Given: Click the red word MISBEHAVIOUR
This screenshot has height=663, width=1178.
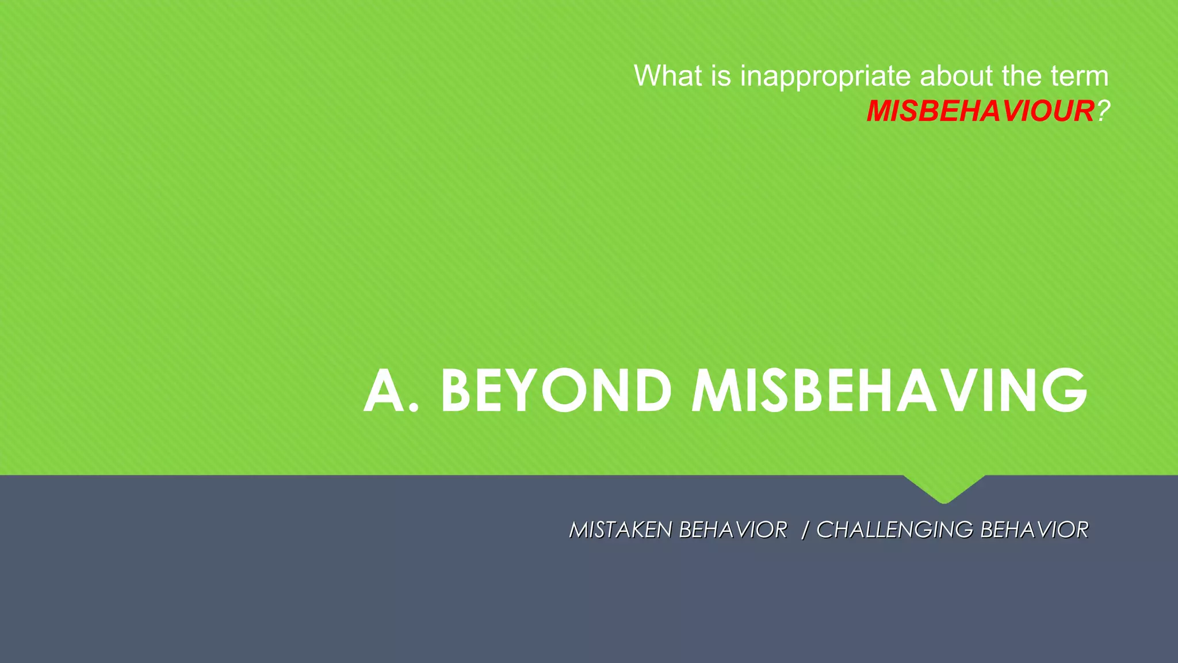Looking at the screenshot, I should point(980,111).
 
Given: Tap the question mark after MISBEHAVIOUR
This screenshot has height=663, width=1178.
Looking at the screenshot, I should point(1102,111).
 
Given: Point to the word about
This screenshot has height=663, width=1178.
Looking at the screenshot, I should point(956,76).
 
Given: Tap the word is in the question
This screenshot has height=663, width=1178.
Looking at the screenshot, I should point(721,76).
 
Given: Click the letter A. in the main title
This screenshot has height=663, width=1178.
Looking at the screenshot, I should point(391,391).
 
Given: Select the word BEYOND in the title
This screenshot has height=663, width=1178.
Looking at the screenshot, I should point(556,391).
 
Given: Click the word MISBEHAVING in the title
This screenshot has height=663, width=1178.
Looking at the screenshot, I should point(889,391).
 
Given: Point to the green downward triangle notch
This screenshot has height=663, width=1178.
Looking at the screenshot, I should point(944,488).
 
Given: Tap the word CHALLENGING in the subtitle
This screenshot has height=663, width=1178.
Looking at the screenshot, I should point(894,530).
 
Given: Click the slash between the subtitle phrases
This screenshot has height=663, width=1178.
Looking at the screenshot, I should point(805,530).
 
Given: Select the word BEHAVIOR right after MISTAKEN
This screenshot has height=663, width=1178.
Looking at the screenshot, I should point(733,530).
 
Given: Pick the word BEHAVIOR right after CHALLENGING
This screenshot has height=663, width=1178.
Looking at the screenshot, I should point(1034,530).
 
